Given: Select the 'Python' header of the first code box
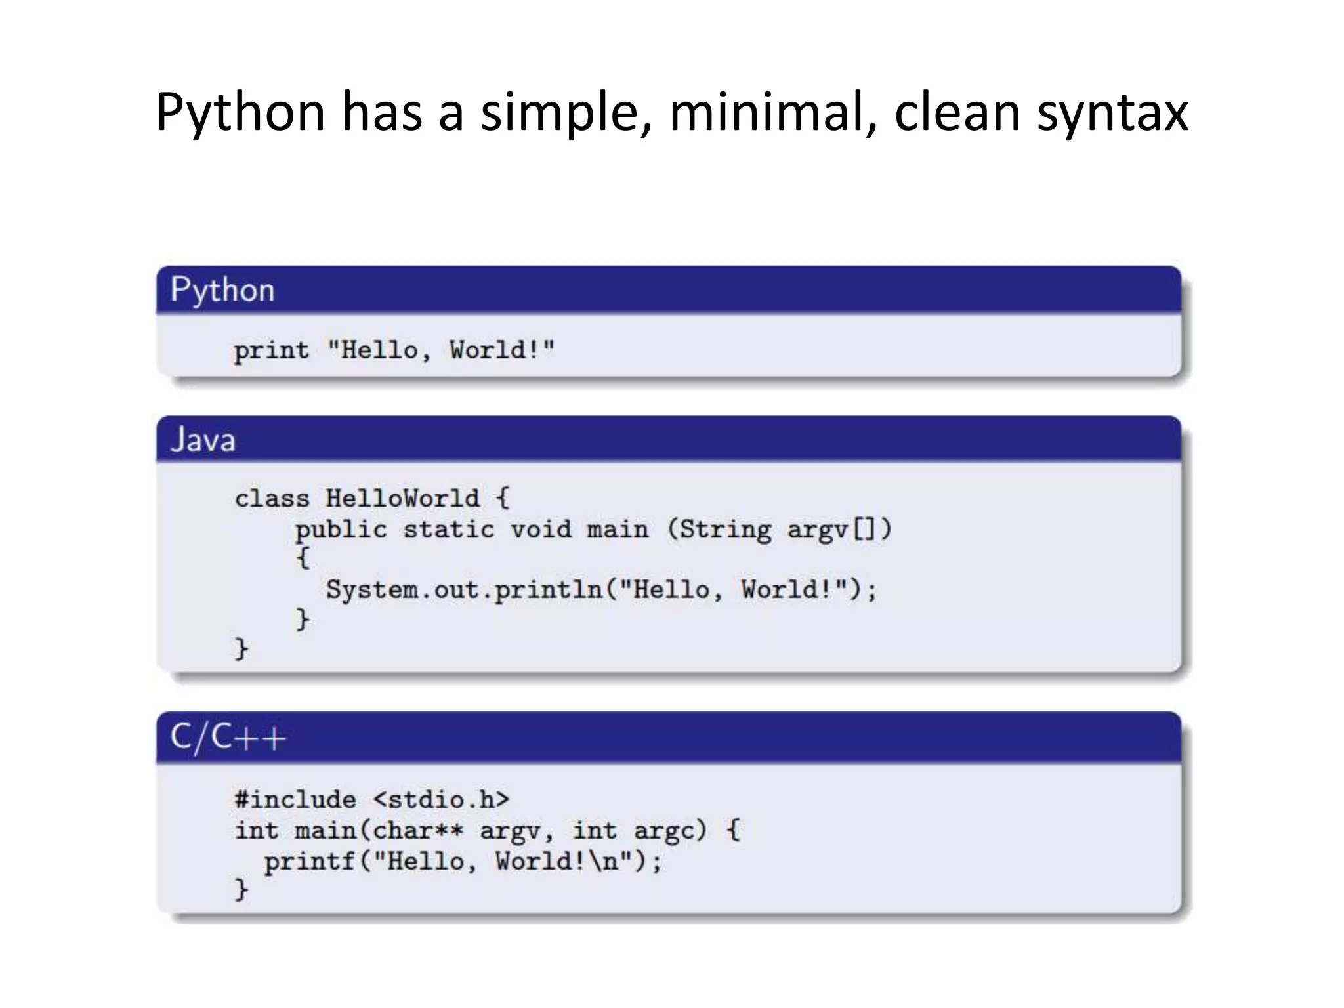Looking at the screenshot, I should click(x=222, y=290).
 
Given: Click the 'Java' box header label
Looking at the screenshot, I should click(x=203, y=439).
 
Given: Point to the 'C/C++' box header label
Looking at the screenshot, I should click(x=228, y=737).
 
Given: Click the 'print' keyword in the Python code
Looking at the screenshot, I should click(x=271, y=350).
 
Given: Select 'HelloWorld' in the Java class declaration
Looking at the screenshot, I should click(x=403, y=498).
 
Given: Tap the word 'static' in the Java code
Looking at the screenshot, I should click(x=449, y=529).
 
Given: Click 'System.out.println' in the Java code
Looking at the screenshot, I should click(x=465, y=589).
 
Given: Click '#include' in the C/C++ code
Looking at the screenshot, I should click(x=295, y=799).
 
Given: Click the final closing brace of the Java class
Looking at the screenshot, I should click(x=241, y=648).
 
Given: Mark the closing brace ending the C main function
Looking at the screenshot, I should click(x=241, y=890).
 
